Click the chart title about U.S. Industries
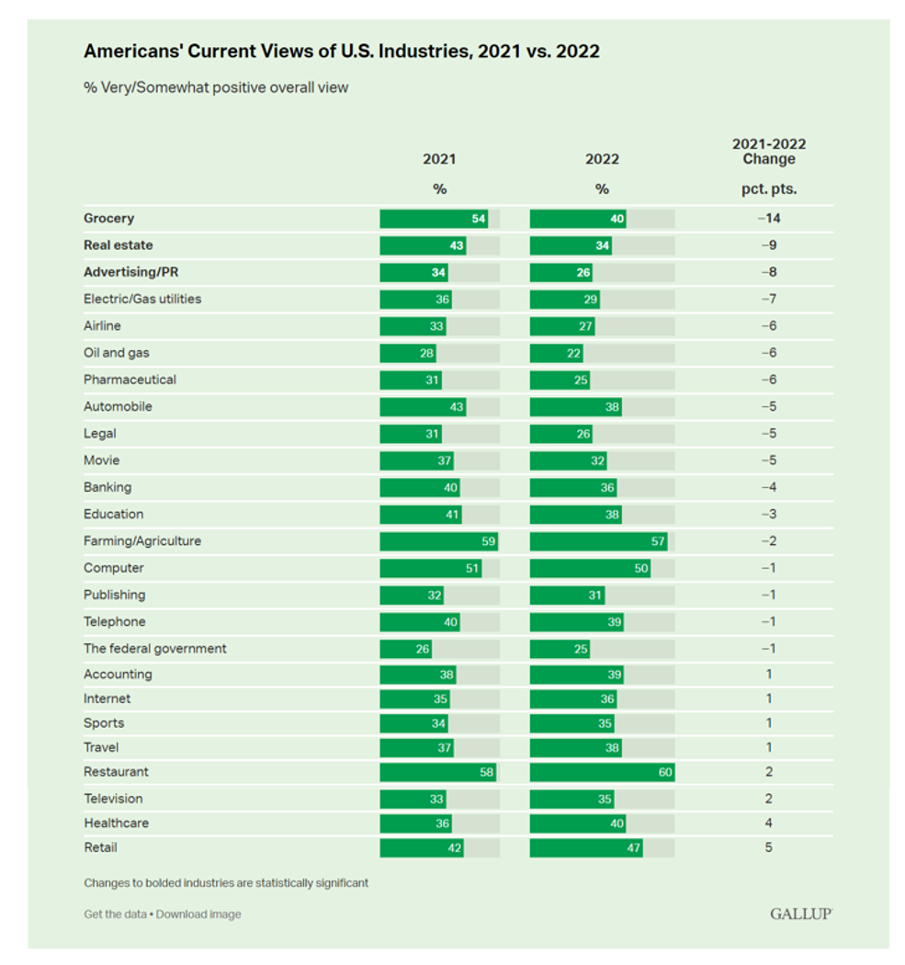pos(342,51)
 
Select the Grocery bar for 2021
pos(433,219)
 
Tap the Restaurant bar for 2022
pos(602,772)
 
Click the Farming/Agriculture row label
pos(142,541)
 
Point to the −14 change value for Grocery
pos(768,219)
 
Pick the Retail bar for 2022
pos(586,847)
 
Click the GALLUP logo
pos(801,914)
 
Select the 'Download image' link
pos(198,914)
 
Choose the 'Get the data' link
pos(117,914)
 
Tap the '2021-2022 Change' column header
pos(769,152)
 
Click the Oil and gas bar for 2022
pos(556,353)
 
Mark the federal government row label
pos(155,649)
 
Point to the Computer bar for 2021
pos(431,568)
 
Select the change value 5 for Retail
pos(768,847)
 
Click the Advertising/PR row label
pos(130,272)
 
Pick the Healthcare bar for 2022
pos(579,823)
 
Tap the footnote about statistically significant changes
pos(226,883)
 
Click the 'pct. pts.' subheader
pos(769,188)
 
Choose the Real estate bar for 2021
pos(423,245)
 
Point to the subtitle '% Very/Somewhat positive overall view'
pos(216,88)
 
